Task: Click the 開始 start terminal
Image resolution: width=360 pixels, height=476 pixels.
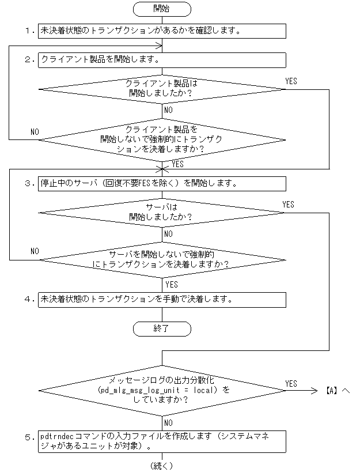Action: (x=162, y=9)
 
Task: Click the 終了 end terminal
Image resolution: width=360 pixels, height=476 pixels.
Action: (x=162, y=328)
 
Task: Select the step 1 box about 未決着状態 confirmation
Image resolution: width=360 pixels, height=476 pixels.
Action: (x=162, y=30)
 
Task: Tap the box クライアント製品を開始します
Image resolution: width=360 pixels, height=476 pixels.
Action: (x=162, y=59)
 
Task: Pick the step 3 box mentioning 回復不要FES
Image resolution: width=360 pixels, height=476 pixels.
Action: (x=162, y=183)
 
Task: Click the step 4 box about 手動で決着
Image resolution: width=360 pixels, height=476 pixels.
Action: (x=162, y=300)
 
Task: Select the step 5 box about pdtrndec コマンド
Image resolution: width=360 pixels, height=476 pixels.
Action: (x=162, y=441)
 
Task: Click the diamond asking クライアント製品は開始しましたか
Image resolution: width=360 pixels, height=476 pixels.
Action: (x=162, y=89)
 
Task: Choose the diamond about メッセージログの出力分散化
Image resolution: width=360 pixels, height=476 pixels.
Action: (x=162, y=390)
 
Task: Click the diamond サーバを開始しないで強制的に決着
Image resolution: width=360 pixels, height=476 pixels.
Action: (x=162, y=259)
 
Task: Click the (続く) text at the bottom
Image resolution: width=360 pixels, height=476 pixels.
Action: (x=162, y=466)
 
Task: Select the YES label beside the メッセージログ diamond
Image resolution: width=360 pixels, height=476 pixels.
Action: (x=291, y=383)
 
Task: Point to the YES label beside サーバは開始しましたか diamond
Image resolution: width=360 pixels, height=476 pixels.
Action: (x=288, y=205)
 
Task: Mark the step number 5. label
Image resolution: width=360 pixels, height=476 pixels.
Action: (x=31, y=437)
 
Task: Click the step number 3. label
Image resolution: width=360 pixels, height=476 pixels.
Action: (x=31, y=183)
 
